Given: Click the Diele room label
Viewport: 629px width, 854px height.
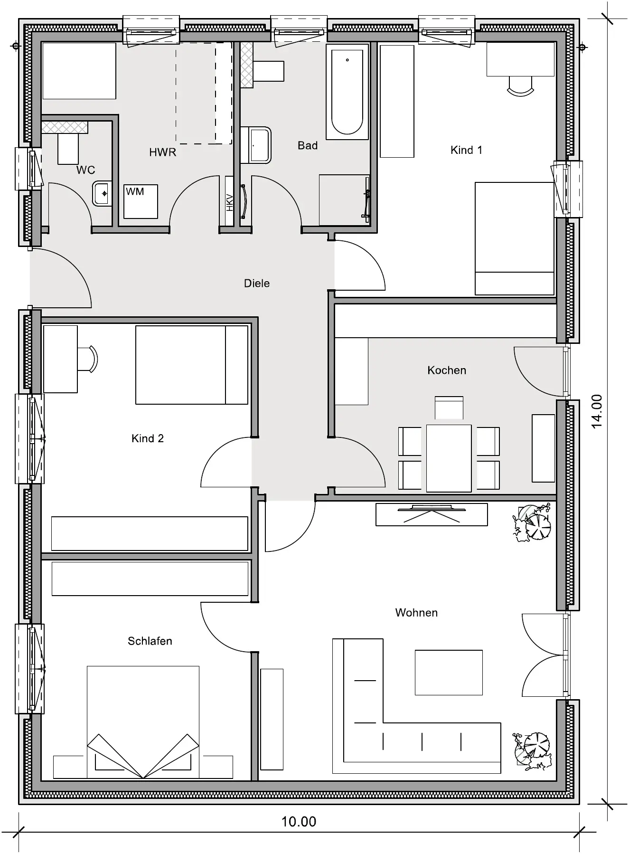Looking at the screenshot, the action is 256,284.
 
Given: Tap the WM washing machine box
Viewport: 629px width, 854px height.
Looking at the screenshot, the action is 141,201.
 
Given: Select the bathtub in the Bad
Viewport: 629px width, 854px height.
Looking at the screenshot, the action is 347,92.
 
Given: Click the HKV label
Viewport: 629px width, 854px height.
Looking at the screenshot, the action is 230,201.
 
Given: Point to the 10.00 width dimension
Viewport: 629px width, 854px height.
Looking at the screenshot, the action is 299,821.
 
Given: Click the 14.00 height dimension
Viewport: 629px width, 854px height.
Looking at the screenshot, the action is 596,411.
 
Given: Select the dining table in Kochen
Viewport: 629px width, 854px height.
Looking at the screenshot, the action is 449,458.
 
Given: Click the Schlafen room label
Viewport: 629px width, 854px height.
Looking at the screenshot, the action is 150,641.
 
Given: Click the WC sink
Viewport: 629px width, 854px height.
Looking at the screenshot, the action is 102,193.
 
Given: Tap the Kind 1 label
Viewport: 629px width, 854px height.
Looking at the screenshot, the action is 466,150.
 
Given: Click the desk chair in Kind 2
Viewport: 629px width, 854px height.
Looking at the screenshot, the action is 88,359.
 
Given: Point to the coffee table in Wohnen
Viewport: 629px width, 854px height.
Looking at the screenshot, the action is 449,673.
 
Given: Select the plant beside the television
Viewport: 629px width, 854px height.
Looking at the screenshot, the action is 532,523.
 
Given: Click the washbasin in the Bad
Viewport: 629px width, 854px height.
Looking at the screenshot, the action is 256,145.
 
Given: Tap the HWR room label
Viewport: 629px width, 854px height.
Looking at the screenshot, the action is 162,152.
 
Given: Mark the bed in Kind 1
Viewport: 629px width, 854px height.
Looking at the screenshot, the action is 515,238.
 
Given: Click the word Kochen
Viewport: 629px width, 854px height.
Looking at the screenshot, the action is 447,370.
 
